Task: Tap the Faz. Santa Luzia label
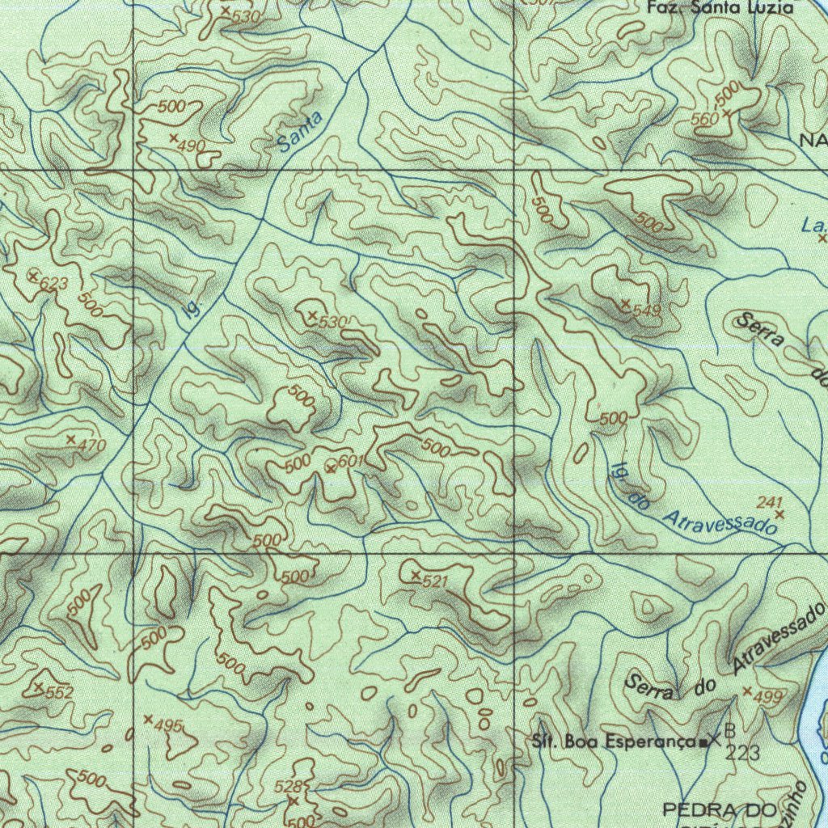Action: click(720, 8)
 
